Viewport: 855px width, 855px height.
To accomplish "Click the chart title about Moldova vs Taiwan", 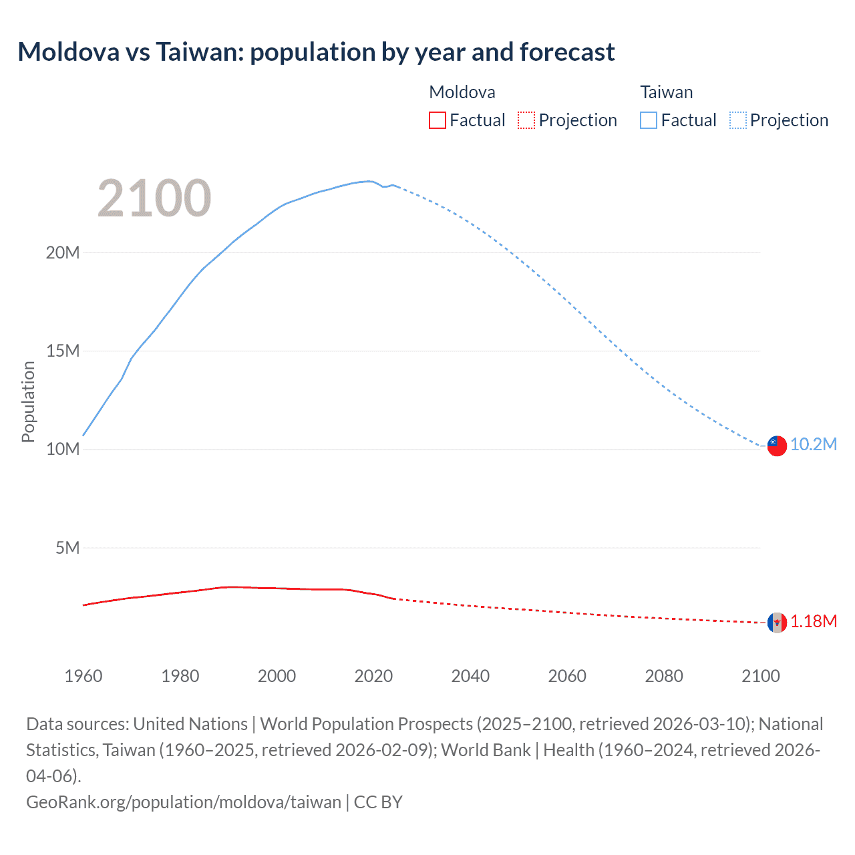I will click(x=316, y=52).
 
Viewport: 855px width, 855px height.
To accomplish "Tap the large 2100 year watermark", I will click(x=154, y=198).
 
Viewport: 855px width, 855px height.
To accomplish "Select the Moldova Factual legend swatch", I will click(x=438, y=120).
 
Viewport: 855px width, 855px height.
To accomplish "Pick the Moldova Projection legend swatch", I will click(x=526, y=120).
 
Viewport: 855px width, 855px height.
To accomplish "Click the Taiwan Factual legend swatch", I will click(x=649, y=120).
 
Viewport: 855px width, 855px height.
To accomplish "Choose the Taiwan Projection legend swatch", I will click(x=738, y=120).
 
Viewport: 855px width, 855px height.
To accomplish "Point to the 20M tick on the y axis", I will click(x=63, y=252).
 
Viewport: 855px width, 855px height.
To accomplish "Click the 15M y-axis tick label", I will click(x=63, y=351).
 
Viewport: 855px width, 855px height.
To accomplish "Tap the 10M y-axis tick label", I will click(x=63, y=449).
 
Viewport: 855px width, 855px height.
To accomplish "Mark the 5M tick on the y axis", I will click(x=67, y=548).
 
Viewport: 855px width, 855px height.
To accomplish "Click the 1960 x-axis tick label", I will click(x=83, y=676).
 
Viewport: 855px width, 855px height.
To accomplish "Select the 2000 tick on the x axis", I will click(x=277, y=676).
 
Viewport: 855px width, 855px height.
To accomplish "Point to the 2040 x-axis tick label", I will click(x=470, y=676).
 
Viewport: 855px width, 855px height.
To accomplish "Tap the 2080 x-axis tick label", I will click(x=664, y=676).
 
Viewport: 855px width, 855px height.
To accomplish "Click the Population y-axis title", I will click(x=28, y=401).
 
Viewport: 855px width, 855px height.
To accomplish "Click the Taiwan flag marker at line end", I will click(x=777, y=446).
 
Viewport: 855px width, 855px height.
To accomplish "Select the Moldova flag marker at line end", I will click(x=777, y=623).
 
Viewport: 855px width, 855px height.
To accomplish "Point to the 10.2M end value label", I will click(x=814, y=445).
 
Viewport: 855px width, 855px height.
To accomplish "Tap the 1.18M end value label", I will click(x=814, y=622).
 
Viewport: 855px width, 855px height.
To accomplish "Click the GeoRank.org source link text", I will click(x=184, y=802).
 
